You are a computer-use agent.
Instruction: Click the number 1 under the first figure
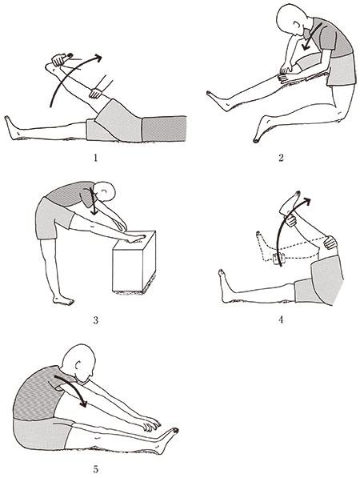point(96,158)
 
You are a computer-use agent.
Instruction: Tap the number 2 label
point(281,157)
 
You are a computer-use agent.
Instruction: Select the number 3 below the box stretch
point(96,320)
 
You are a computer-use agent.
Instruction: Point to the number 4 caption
point(281,319)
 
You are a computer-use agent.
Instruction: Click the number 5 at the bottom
point(96,469)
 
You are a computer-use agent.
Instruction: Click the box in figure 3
point(134,261)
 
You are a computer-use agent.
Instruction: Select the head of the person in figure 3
point(105,191)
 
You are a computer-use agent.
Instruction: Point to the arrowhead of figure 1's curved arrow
point(98,58)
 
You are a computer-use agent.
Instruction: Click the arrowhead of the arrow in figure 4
point(306,201)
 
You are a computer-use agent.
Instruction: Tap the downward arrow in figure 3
point(93,202)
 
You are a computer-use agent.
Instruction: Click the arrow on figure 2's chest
point(311,37)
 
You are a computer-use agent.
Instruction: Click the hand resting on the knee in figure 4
point(330,242)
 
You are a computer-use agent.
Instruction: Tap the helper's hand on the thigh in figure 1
point(96,93)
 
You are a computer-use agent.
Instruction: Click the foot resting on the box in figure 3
point(137,239)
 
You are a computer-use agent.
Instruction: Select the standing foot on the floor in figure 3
point(63,300)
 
